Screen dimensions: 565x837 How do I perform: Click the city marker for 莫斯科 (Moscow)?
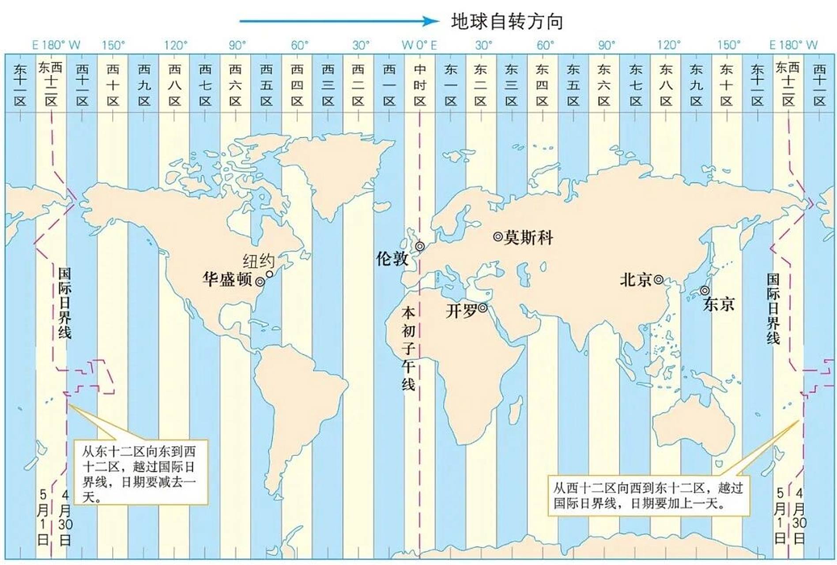pyautogui.click(x=498, y=237)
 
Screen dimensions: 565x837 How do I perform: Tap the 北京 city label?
pyautogui.click(x=636, y=279)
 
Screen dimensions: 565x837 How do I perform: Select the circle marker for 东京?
pyautogui.click(x=705, y=290)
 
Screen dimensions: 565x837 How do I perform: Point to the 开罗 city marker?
pyautogui.click(x=483, y=307)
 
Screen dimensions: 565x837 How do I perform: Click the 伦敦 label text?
pyautogui.click(x=392, y=258)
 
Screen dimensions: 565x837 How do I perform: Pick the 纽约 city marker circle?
pyautogui.click(x=269, y=274)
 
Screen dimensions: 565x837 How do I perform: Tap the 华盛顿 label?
pyautogui.click(x=227, y=279)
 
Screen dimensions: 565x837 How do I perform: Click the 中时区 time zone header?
pyautogui.click(x=419, y=85)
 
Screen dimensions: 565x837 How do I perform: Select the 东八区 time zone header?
pyautogui.click(x=666, y=85)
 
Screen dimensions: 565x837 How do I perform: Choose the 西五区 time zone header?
pyautogui.click(x=266, y=85)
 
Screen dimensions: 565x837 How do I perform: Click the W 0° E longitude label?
pyautogui.click(x=419, y=45)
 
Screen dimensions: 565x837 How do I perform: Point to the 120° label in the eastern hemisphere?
pyautogui.click(x=668, y=45)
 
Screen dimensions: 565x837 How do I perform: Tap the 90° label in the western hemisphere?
pyautogui.click(x=237, y=45)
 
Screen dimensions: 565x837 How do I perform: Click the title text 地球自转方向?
pyautogui.click(x=507, y=22)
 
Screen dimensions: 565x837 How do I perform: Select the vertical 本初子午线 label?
pyautogui.click(x=408, y=349)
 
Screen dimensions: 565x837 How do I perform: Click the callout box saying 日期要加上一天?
pyautogui.click(x=648, y=495)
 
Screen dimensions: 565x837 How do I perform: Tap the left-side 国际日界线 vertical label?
pyautogui.click(x=64, y=303)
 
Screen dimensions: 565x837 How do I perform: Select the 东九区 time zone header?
pyautogui.click(x=696, y=85)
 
